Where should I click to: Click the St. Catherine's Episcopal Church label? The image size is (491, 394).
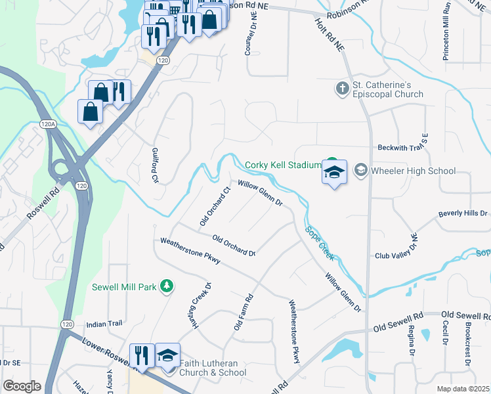(387, 89)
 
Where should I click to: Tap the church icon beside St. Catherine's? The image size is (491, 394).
(341, 88)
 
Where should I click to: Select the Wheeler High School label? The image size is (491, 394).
(412, 171)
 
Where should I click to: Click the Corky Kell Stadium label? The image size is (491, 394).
(282, 165)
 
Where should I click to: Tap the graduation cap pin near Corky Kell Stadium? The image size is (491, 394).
(334, 172)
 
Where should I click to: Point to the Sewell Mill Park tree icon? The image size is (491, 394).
(167, 285)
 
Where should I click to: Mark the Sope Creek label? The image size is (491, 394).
(320, 242)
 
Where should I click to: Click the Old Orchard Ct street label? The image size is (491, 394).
(215, 207)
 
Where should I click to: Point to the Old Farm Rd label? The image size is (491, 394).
(244, 312)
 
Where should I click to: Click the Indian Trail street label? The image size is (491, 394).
(104, 324)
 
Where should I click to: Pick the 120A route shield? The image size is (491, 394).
(47, 123)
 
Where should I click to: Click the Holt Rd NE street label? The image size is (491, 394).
(330, 26)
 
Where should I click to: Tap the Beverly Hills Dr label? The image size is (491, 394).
(463, 214)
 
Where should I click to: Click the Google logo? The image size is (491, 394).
(22, 386)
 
